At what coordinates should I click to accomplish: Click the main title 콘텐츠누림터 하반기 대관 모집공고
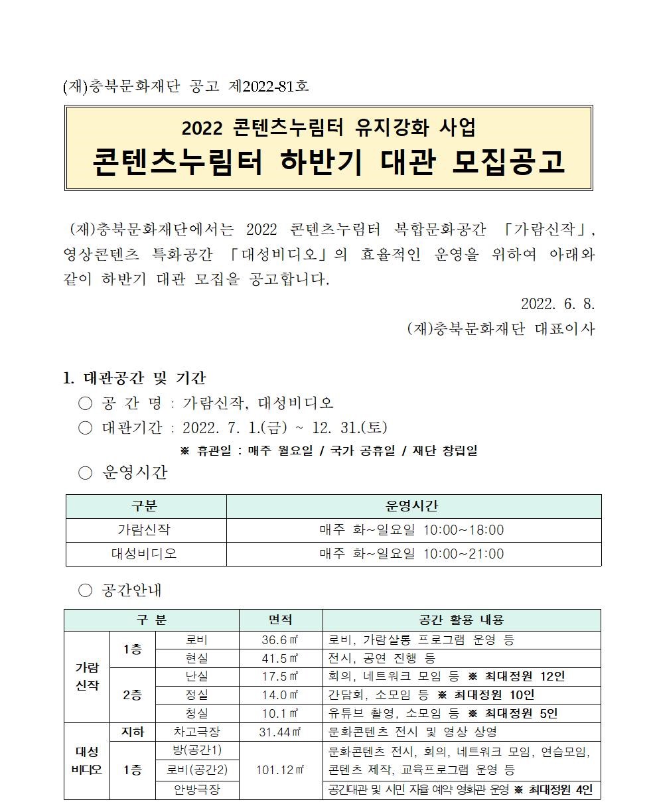point(328,162)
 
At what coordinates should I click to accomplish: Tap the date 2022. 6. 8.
point(557,304)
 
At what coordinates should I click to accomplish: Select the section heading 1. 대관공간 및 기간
point(134,378)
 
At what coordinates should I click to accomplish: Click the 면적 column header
point(280,620)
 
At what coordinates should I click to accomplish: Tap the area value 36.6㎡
point(280,640)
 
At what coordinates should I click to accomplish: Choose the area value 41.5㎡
point(280,658)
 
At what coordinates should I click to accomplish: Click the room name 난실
point(196,677)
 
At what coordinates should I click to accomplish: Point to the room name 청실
point(196,714)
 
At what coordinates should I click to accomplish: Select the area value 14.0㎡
point(280,695)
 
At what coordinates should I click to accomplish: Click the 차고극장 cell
point(196,732)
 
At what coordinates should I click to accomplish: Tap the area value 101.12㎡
point(280,770)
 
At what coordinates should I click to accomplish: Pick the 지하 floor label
point(132,732)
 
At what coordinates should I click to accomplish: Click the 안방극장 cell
point(196,790)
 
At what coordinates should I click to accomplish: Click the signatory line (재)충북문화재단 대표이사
point(501,328)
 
